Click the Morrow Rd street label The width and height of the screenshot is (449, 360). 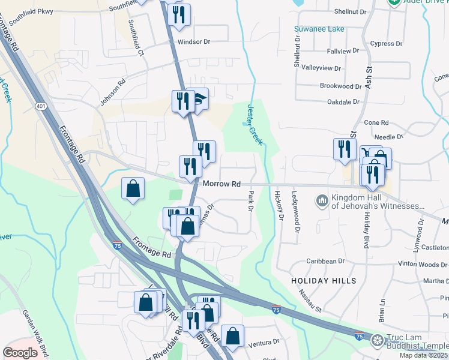[221, 184]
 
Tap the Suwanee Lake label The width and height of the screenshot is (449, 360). [319, 29]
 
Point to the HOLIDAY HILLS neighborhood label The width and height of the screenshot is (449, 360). [324, 281]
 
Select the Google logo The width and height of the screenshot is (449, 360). [20, 353]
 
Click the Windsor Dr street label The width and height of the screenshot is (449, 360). [194, 42]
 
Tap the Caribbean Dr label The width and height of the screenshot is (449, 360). [325, 262]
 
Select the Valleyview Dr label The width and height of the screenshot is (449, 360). [321, 68]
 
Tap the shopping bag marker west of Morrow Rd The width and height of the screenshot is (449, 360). [133, 189]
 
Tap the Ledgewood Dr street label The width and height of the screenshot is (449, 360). [295, 211]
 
